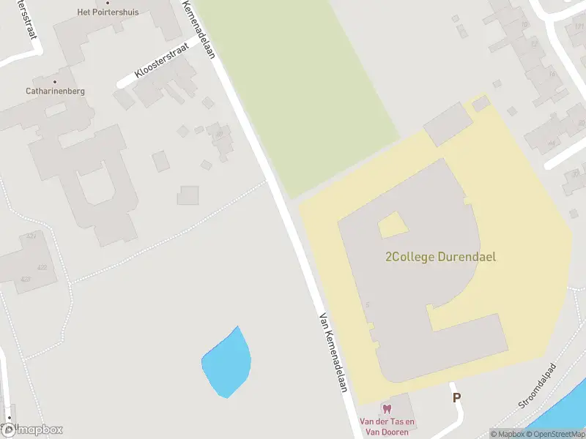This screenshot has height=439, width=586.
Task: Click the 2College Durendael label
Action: click(440, 257)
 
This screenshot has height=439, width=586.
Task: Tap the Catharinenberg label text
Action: click(56, 91)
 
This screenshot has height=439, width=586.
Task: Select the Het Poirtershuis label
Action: click(108, 12)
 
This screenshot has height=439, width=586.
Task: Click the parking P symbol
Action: click(457, 398)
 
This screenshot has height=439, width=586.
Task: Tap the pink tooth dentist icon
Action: click(387, 409)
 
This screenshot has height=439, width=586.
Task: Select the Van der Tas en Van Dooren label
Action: click(387, 427)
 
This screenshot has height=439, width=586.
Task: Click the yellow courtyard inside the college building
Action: click(393, 225)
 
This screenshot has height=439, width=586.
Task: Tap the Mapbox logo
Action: click(32, 430)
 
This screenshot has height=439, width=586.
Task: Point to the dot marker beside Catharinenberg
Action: click(55, 81)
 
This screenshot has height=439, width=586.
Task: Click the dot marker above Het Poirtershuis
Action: click(108, 3)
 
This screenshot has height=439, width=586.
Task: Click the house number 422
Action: click(42, 267)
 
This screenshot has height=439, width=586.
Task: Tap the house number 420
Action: click(26, 279)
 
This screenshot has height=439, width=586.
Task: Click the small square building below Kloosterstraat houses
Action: click(188, 195)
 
